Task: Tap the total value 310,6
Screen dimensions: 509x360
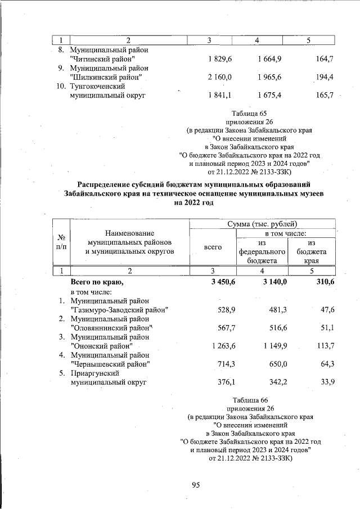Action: tap(322, 281)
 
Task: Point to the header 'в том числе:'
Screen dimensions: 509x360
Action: tap(286, 232)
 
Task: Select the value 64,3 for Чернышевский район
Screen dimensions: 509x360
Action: tap(325, 364)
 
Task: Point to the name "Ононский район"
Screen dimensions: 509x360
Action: tap(101, 345)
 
